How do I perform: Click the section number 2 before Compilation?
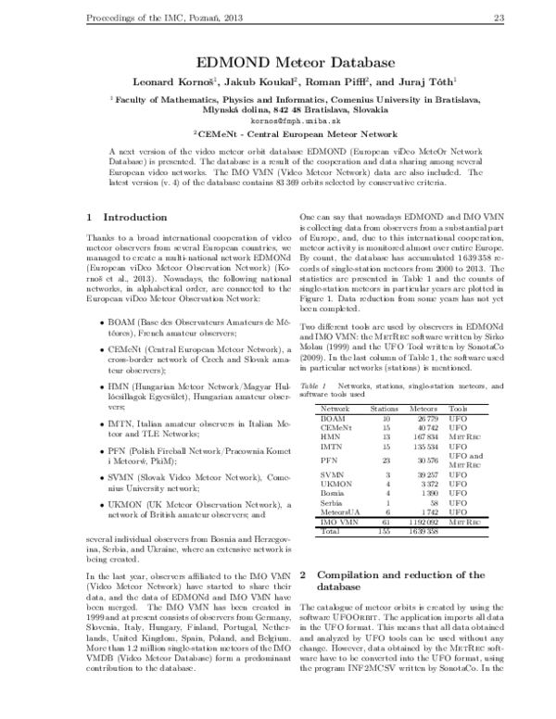[x=305, y=575]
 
